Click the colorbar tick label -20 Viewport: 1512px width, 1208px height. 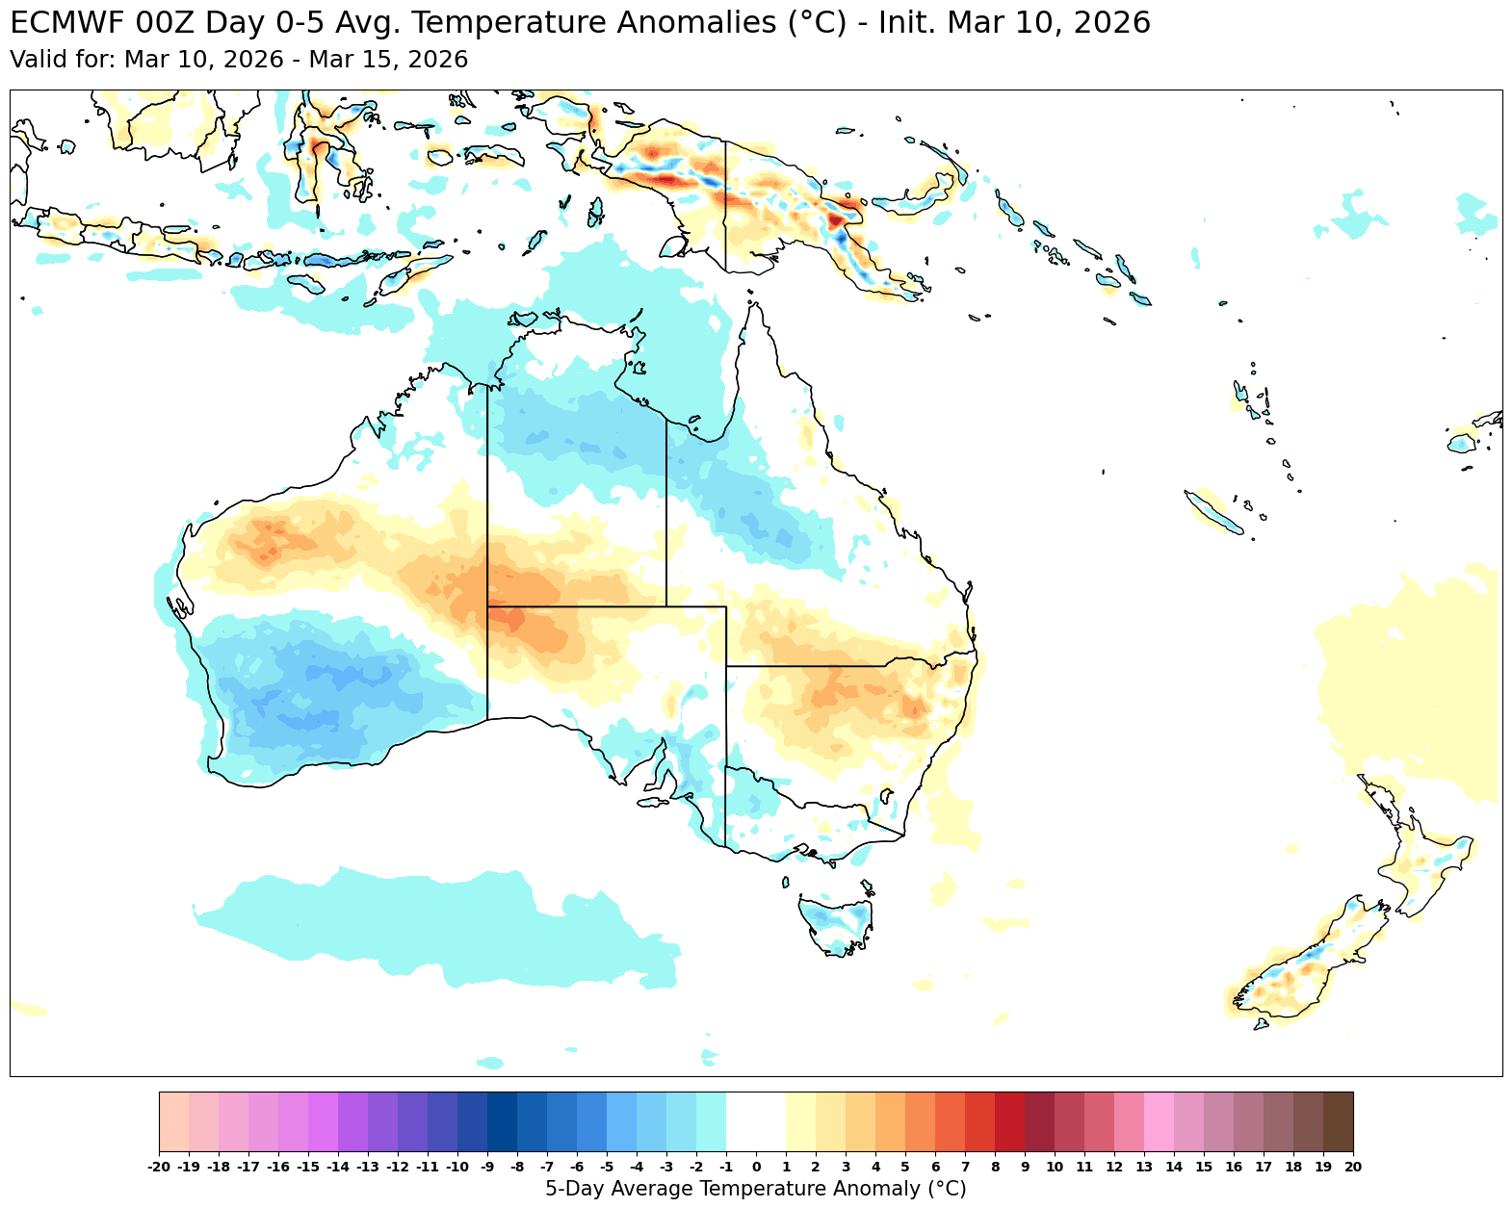159,1167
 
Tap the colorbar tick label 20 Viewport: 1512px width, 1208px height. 1352,1167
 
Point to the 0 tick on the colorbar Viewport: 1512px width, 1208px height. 756,1167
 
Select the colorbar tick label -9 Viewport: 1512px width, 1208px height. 487,1167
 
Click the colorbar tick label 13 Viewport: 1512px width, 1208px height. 1143,1167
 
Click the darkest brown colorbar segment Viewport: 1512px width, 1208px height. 1338,1121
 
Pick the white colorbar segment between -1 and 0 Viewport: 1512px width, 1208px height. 741,1121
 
